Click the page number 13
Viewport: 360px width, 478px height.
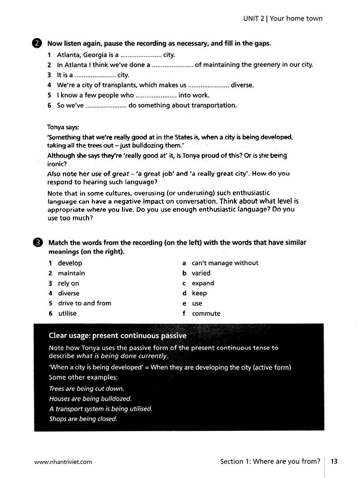point(334,461)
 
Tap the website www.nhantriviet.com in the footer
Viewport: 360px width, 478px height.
point(63,461)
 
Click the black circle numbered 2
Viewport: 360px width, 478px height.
point(37,44)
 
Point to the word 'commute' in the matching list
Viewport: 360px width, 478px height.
point(206,313)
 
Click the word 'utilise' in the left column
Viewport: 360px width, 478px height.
point(67,313)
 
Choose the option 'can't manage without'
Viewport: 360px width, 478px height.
point(225,263)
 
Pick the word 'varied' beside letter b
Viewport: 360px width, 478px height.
point(201,273)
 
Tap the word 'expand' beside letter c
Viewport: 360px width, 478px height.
point(203,283)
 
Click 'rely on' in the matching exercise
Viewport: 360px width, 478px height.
point(68,283)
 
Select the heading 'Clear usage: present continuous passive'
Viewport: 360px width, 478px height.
point(117,335)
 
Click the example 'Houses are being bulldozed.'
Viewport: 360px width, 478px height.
point(90,399)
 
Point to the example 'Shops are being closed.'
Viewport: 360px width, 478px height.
point(83,419)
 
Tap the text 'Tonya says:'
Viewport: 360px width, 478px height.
point(63,127)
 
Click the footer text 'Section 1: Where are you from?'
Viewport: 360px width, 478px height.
point(270,461)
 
